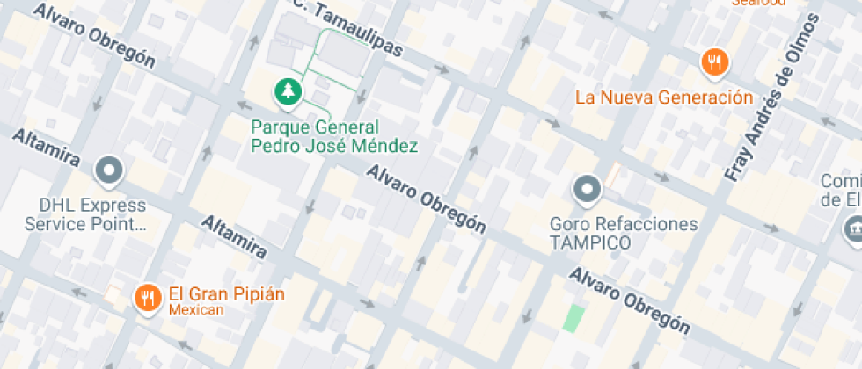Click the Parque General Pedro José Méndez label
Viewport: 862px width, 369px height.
[x=333, y=136]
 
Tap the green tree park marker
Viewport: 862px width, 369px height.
[x=287, y=91]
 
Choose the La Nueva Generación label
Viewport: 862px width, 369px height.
[x=664, y=97]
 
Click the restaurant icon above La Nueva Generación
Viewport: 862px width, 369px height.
[x=714, y=62]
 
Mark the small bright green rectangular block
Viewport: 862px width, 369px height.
[x=573, y=317]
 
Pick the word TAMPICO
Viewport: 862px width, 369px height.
[x=590, y=243]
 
